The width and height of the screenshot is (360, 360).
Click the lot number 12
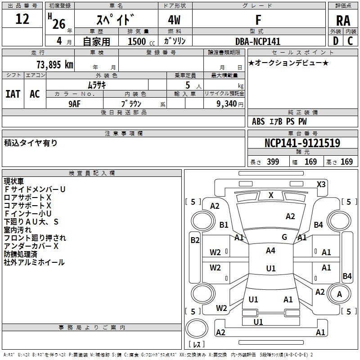22,19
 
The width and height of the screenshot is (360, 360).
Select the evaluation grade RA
343,21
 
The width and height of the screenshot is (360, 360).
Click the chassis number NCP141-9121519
302,143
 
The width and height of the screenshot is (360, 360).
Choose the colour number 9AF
75,103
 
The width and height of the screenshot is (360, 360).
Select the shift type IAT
13,94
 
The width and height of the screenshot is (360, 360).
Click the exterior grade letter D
335,41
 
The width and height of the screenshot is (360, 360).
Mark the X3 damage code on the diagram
321,184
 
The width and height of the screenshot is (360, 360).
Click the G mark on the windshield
284,237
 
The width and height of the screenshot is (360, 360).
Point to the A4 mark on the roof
270,251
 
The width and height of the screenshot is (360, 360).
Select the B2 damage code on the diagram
194,240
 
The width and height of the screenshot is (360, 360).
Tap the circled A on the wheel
340,294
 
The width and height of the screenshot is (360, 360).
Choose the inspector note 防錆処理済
23,254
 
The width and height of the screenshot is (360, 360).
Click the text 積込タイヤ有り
31,143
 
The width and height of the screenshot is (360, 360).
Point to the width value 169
310,162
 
